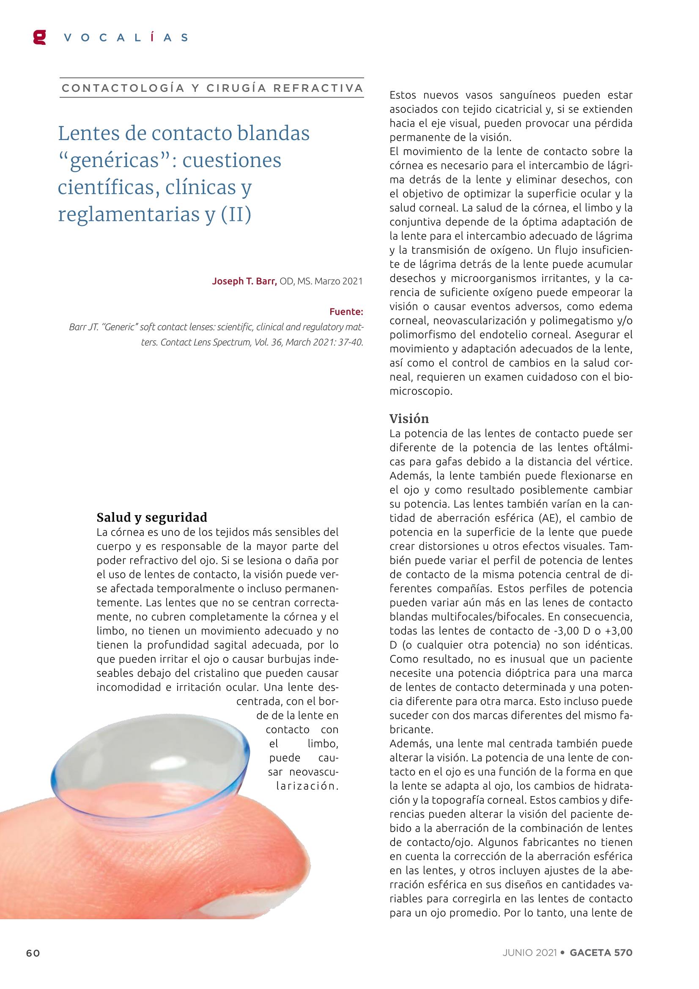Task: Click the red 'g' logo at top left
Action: coord(40,37)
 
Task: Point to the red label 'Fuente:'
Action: coord(346,311)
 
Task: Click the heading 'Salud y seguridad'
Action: coord(152,517)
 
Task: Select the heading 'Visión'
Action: coord(409,418)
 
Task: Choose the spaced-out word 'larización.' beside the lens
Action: coord(307,786)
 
